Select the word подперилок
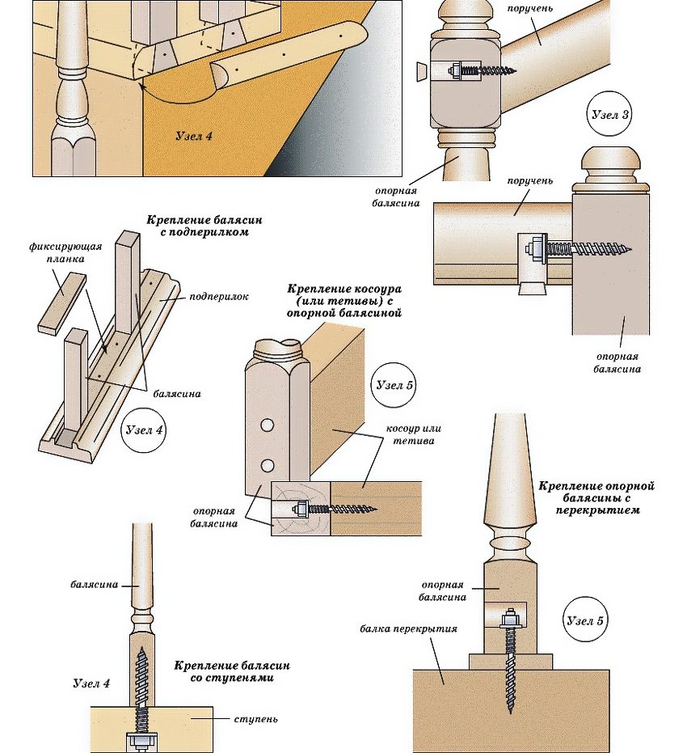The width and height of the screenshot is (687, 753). coord(218,297)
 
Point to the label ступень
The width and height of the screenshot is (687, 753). coord(256,717)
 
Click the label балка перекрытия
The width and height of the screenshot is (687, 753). coord(409,628)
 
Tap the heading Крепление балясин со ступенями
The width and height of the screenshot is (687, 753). coord(231,671)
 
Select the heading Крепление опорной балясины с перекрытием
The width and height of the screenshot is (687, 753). coord(596,497)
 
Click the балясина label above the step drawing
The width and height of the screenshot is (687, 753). coord(95,584)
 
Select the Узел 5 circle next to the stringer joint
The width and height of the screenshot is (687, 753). coord(394,385)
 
